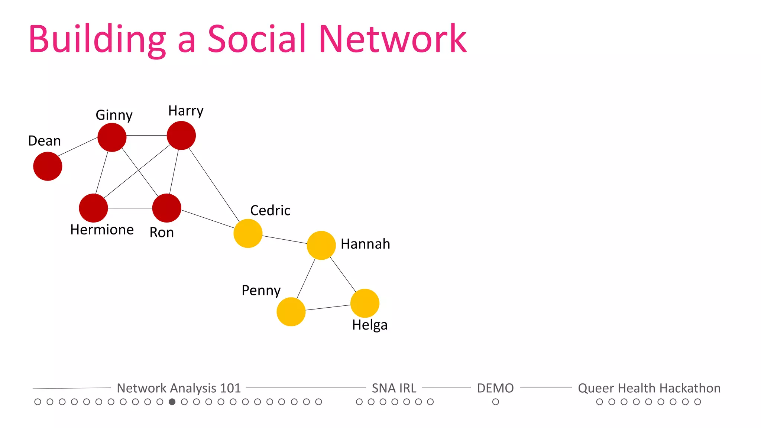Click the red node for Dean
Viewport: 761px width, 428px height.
48,166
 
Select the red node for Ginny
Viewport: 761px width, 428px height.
112,137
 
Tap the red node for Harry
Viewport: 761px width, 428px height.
181,136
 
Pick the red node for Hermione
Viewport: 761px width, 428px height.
93,208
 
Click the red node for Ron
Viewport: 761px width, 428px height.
167,208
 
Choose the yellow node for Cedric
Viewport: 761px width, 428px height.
248,233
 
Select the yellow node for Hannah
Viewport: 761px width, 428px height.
321,245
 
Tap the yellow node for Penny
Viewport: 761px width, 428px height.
291,312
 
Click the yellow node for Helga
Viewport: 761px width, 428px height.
365,303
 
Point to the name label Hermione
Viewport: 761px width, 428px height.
102,230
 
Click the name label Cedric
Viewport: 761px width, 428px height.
270,210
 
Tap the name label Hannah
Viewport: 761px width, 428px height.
365,244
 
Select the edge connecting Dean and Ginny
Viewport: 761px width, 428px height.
78,147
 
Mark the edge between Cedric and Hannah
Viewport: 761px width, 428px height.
285,240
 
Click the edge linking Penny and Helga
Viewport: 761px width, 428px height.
328,308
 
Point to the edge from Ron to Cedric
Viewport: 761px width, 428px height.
207,219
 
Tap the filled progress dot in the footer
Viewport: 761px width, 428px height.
172,402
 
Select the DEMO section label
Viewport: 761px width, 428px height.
495,388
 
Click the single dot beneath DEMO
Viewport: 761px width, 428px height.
496,402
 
